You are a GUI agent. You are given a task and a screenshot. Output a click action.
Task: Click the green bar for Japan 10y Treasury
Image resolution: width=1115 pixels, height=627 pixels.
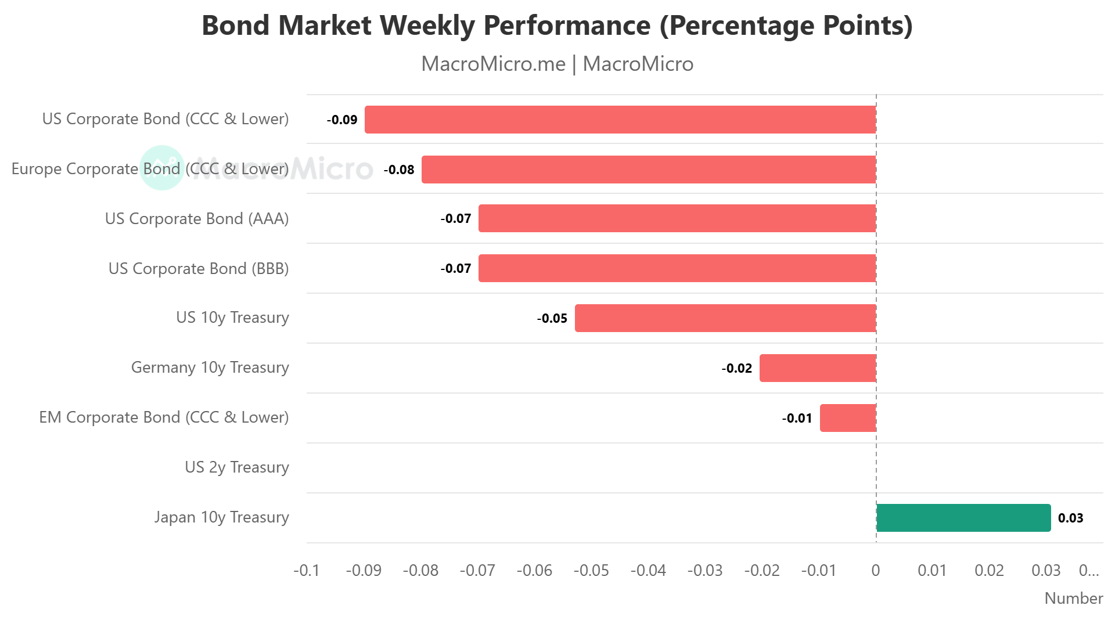[963, 518]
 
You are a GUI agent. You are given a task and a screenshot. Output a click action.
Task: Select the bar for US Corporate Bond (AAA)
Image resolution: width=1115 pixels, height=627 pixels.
[677, 218]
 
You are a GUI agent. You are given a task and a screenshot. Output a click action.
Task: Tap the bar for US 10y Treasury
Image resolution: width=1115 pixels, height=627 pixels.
[725, 318]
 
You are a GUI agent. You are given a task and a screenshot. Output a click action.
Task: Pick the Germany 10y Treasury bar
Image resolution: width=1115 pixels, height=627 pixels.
[817, 368]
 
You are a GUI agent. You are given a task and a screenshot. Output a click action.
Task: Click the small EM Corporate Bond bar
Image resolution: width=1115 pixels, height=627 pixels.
[847, 418]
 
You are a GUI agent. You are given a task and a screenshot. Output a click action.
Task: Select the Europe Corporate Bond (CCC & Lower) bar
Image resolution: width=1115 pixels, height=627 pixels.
[648, 170]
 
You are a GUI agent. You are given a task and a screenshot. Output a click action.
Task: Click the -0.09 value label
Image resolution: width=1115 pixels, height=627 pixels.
[342, 120]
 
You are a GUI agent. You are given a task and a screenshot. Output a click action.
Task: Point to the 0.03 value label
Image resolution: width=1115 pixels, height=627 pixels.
[1070, 518]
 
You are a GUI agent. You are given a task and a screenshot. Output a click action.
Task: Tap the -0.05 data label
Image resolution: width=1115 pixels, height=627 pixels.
[552, 319]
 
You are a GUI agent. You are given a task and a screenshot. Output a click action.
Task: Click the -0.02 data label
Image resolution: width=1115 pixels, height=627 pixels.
[736, 369]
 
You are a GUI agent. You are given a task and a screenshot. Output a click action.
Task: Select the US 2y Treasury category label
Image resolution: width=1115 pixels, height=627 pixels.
[236, 467]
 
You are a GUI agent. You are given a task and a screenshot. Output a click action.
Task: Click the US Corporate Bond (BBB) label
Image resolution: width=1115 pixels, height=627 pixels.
[198, 269]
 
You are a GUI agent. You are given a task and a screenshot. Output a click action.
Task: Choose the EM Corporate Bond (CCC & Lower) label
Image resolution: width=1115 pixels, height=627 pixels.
[164, 417]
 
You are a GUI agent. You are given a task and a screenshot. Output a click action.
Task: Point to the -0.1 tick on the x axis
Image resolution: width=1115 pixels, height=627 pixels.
[306, 571]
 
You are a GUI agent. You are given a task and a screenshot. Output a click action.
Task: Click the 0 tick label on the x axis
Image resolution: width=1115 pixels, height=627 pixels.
[875, 571]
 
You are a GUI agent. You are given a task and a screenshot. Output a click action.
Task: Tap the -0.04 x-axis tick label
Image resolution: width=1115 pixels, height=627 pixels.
[648, 571]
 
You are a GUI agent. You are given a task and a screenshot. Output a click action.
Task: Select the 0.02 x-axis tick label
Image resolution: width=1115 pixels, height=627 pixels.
[989, 571]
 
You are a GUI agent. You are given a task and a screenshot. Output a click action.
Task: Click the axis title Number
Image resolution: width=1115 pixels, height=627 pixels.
[1073, 599]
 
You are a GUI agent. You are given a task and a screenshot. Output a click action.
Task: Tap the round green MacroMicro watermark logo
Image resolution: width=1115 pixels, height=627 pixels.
[162, 168]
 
